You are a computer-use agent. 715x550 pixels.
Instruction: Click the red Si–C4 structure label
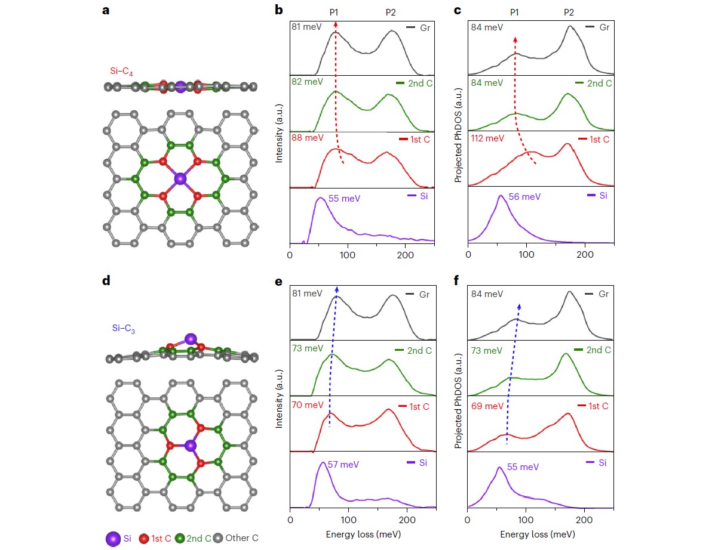pos(121,72)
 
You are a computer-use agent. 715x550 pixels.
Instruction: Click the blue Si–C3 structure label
pos(123,328)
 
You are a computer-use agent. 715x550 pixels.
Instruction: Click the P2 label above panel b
pos(391,12)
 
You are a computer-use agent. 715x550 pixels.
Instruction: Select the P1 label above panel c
pos(514,12)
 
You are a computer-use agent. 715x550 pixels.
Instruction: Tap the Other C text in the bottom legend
pos(242,538)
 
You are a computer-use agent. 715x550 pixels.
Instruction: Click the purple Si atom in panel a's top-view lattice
pos(180,178)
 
